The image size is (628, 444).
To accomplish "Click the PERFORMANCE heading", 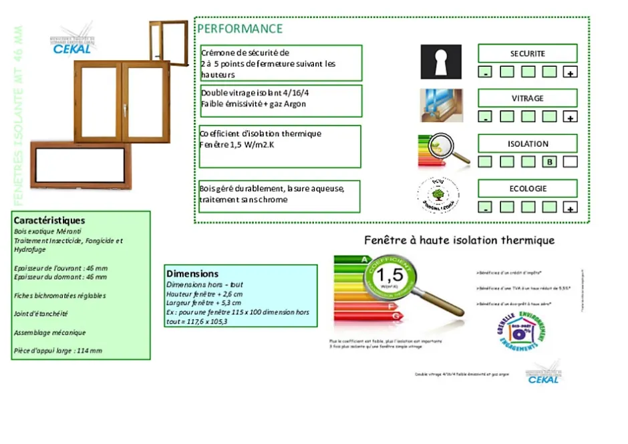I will pos(241,29).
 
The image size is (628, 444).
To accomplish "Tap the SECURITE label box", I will pos(527,53).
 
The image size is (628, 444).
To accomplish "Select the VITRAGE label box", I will pos(527,98).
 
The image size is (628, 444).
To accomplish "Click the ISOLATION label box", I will pos(527,144).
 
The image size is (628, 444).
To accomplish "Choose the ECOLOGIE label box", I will pos(527,189).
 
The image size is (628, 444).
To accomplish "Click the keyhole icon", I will pos(441,62).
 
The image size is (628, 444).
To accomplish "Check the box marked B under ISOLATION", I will pos(549,162).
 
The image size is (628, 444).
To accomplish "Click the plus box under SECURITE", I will pos(570,72).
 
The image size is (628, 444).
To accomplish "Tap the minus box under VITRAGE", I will pos(486,117).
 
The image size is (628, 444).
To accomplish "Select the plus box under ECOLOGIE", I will pos(570,207).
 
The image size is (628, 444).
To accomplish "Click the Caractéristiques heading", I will pos(49,220).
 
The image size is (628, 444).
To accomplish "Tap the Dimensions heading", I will pos(192,274).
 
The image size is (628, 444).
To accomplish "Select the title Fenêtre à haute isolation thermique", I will pos(459,240).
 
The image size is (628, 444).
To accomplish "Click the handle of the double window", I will pos(124,105).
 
